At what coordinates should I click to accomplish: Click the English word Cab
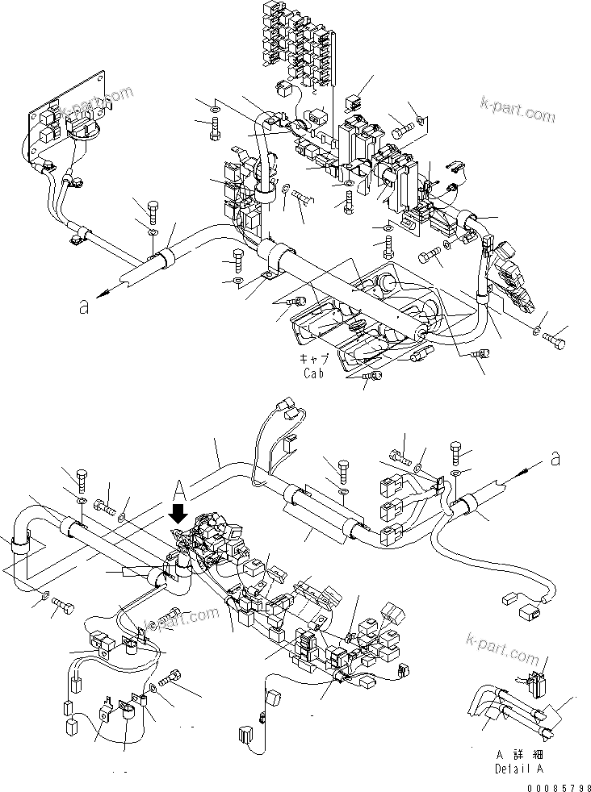click(316, 373)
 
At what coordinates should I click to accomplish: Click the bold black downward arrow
click(179, 511)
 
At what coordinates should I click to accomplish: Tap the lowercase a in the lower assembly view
click(555, 459)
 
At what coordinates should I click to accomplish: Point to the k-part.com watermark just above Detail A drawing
click(502, 645)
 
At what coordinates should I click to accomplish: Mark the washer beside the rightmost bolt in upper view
click(537, 330)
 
